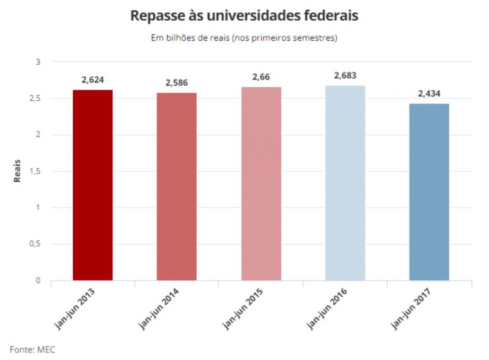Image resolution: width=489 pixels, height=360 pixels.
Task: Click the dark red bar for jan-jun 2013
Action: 92,185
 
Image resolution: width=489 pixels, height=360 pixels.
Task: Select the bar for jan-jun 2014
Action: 177,186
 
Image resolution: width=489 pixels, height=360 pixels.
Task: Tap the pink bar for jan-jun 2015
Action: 261,183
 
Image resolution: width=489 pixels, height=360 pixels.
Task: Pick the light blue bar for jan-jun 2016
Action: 345,183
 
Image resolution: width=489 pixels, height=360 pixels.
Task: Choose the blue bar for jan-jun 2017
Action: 429,192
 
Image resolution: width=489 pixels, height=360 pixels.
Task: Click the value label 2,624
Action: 92,80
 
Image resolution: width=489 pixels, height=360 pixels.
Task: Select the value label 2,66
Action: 261,77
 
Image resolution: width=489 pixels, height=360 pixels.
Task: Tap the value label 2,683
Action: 345,76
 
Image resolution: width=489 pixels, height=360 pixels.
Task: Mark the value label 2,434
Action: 429,94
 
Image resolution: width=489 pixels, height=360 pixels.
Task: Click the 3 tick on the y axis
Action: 38,62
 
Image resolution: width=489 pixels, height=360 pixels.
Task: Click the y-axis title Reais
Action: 17,171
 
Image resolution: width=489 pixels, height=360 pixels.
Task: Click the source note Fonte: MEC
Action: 32,349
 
